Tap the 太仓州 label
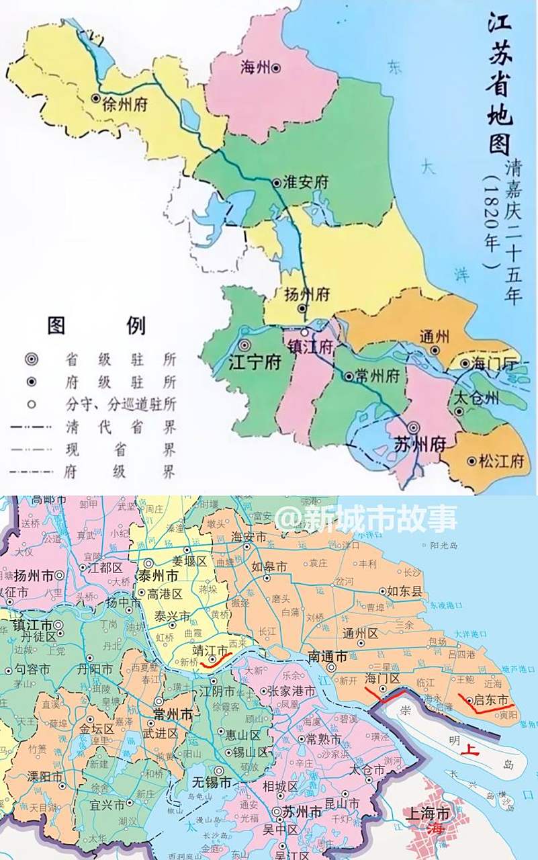476,397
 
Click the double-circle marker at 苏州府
414,427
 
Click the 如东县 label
404,591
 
